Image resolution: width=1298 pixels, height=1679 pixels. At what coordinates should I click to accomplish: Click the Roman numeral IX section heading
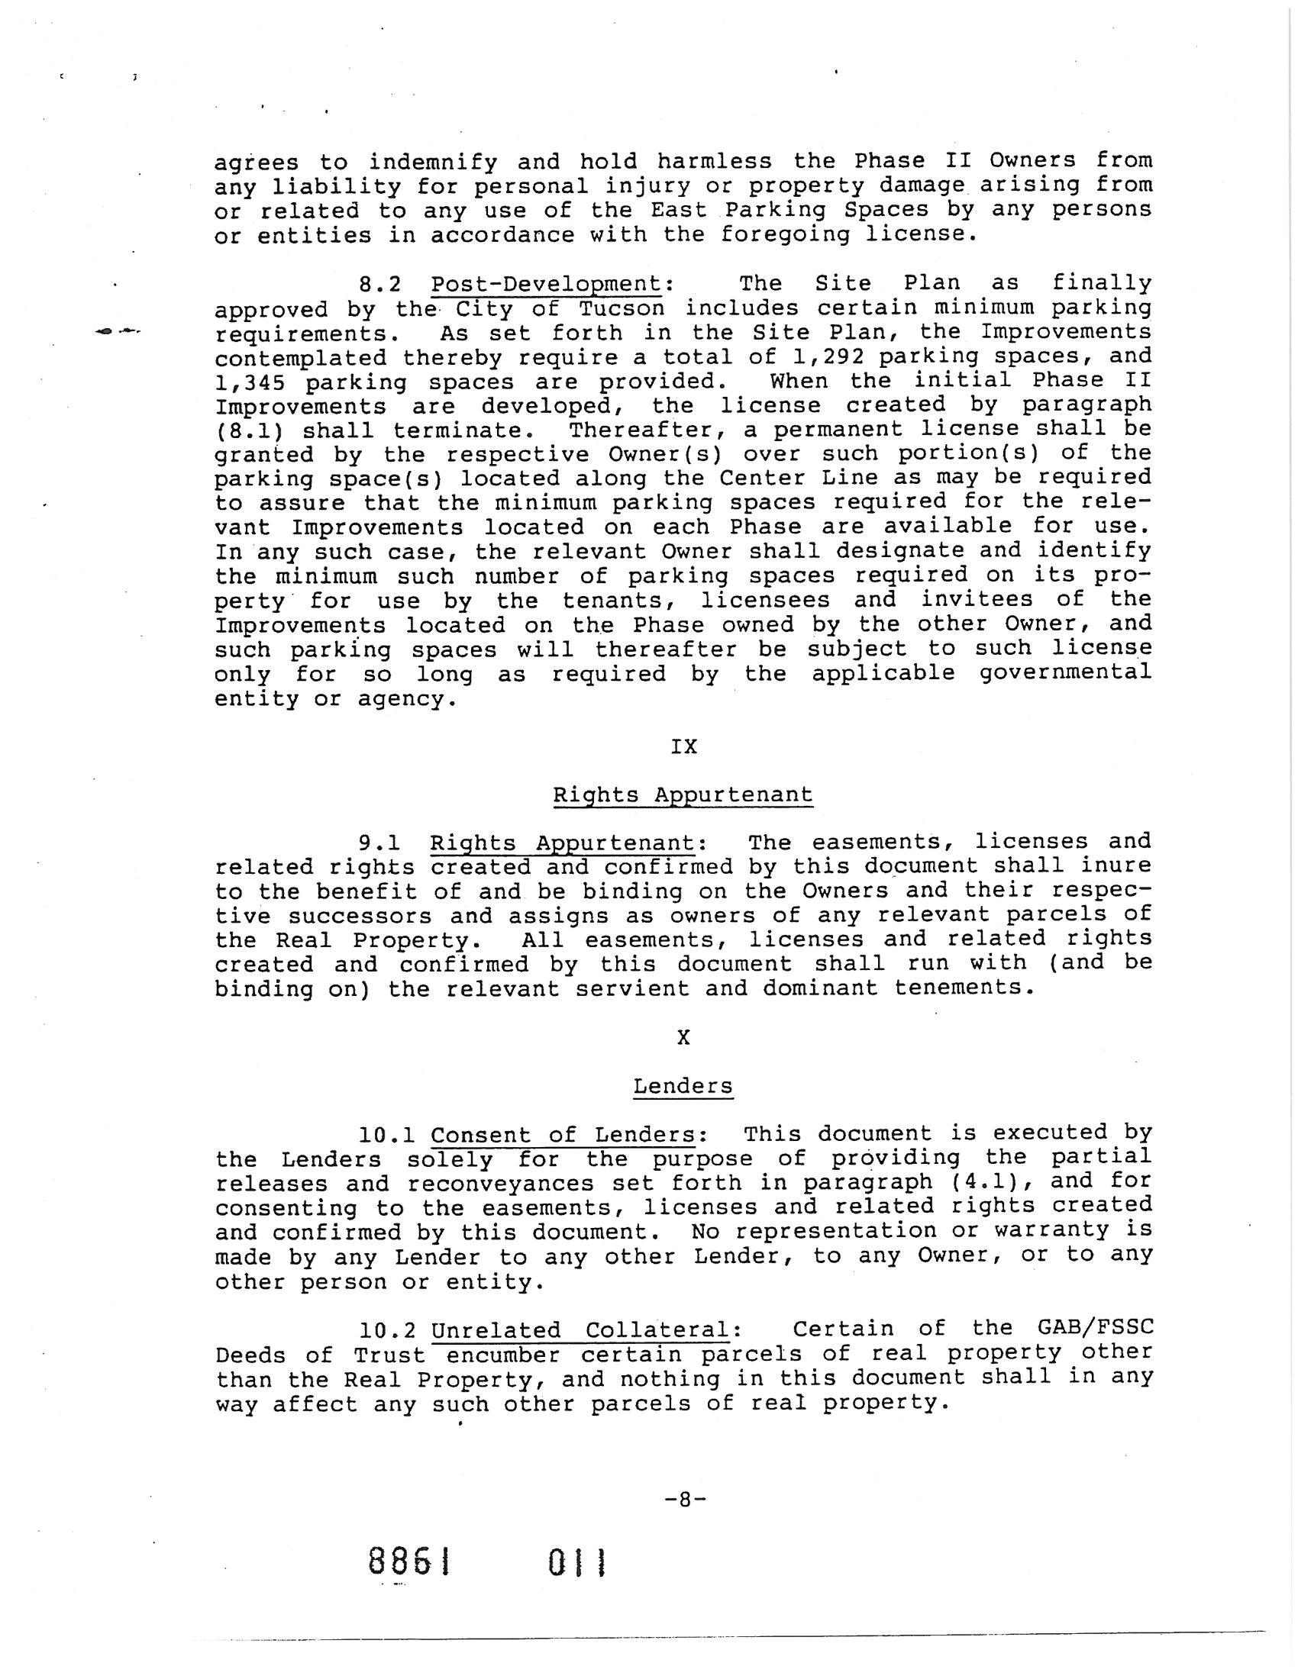(x=683, y=746)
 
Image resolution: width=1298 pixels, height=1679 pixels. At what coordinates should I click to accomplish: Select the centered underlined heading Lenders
(x=683, y=1086)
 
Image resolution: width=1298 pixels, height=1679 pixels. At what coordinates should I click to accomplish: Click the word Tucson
(x=622, y=308)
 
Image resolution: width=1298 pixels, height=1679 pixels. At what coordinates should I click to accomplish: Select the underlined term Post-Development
(x=546, y=284)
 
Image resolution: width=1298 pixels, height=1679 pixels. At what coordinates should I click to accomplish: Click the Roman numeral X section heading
(x=683, y=1038)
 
